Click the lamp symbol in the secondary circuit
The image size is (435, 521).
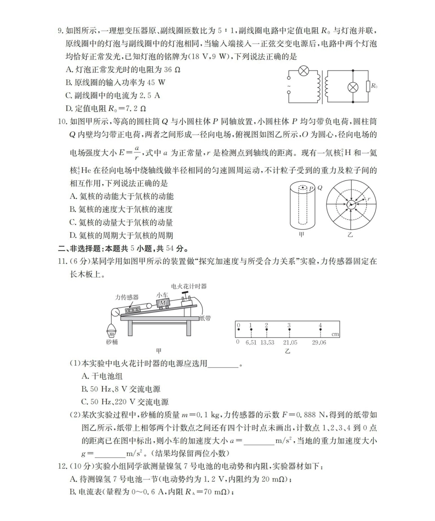coord(353,87)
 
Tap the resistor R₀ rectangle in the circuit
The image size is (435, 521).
coord(368,87)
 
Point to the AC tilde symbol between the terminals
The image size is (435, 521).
coord(288,87)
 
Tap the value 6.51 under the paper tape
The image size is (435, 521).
coord(251,342)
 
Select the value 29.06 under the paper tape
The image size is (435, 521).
coord(319,342)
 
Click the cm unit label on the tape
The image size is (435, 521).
coord(335,335)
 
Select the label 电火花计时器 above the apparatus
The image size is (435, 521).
coord(189,286)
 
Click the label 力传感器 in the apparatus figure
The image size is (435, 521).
coord(127,297)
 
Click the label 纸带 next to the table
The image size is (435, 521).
coord(205,318)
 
